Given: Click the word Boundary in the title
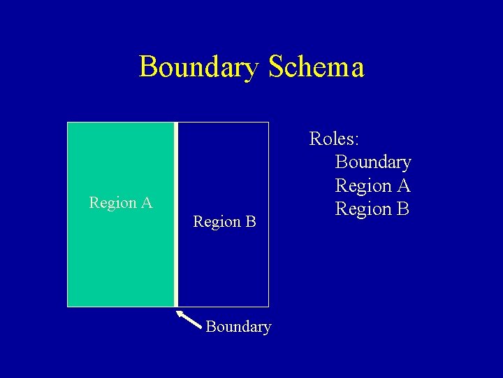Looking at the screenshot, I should (x=198, y=67).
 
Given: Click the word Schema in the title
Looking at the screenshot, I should (x=316, y=67).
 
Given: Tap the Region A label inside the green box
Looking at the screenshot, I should (x=121, y=203).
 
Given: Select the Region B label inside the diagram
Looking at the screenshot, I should (x=224, y=222).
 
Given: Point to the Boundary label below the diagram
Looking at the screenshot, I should (x=238, y=327).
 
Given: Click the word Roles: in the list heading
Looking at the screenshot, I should (x=335, y=139).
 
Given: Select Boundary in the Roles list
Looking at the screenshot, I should (x=373, y=162).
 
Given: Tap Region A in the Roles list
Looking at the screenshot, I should (x=373, y=185).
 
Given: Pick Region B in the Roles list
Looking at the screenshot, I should (x=373, y=209).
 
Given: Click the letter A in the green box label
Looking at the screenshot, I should (x=146, y=203).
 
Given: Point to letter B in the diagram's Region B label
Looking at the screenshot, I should (x=249, y=222).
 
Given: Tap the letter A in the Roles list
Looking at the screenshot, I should (x=403, y=185).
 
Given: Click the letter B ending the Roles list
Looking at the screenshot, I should (x=404, y=209).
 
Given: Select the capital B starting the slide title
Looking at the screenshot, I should (x=148, y=67).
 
